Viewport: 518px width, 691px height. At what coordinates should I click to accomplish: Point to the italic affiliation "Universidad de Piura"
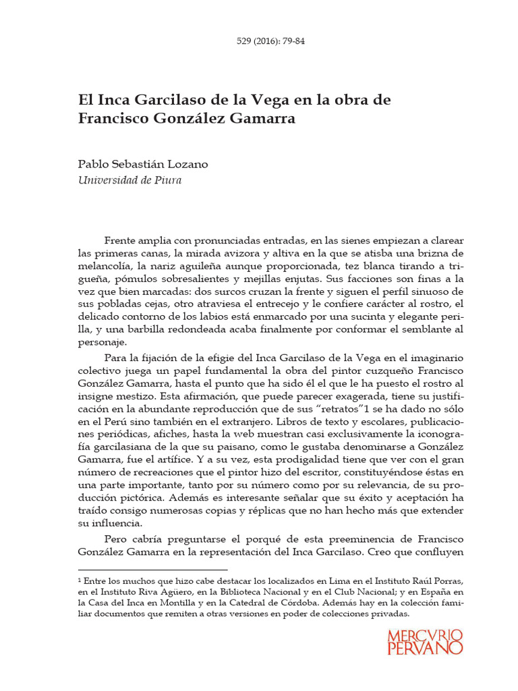click(130, 180)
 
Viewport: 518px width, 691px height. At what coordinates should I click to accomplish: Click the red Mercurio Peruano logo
click(425, 641)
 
